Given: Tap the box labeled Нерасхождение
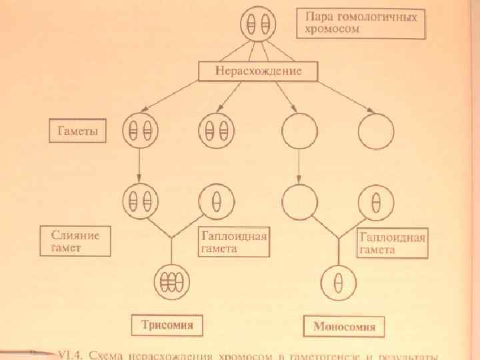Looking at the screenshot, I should tap(258, 69).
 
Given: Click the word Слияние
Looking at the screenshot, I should tap(76, 235).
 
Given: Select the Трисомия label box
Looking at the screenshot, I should tap(167, 325).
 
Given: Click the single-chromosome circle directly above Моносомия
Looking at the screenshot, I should tap(339, 283).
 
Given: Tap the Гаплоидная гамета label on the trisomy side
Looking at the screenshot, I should tap(233, 242).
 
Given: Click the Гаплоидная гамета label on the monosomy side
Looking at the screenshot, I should tap(393, 243).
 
